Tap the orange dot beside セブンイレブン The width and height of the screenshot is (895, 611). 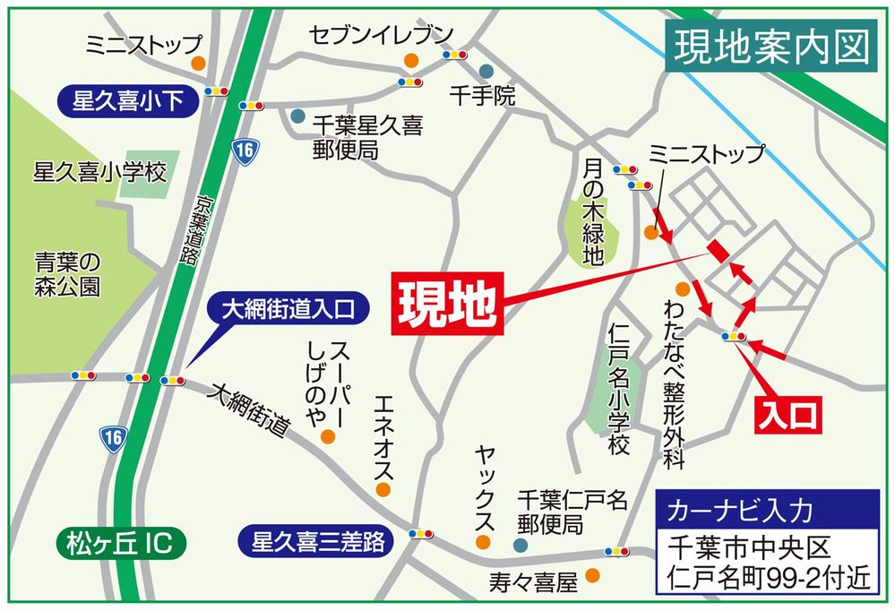[411, 61]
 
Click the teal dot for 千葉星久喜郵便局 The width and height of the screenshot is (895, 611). [297, 116]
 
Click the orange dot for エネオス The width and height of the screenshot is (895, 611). [383, 489]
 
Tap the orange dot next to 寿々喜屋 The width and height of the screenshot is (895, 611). [591, 574]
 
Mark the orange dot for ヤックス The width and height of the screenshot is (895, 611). [483, 542]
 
